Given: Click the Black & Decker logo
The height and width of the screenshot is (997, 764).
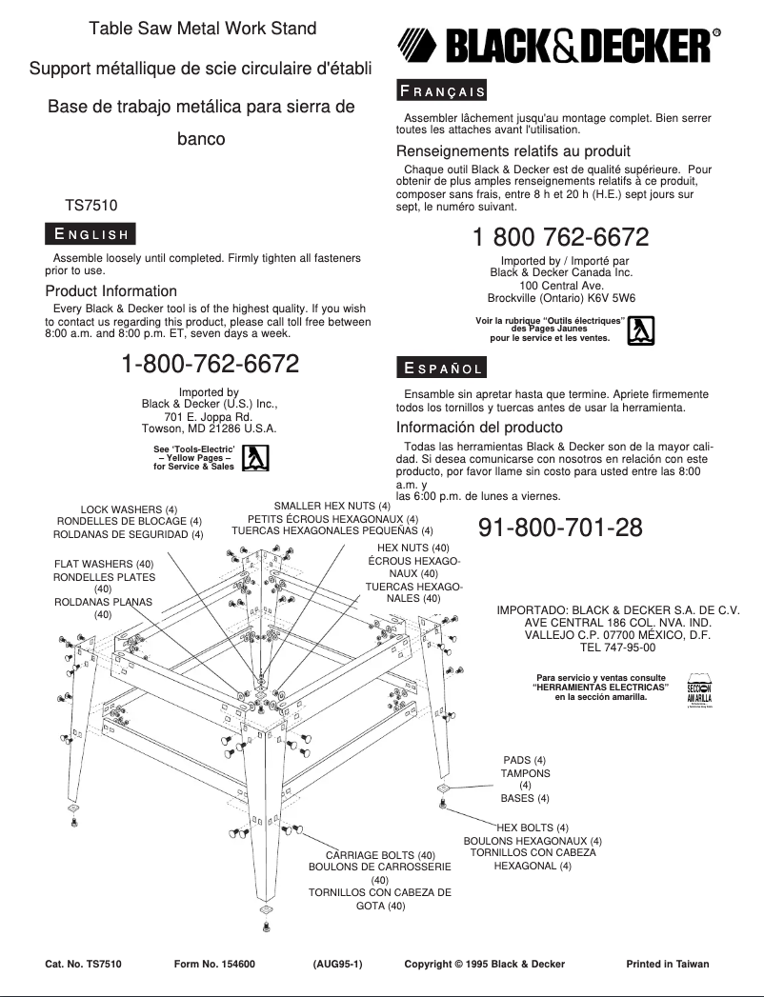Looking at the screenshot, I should [558, 45].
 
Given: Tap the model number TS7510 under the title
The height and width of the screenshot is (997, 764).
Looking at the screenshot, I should [91, 205].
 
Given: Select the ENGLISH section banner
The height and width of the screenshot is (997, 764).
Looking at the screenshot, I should [90, 234].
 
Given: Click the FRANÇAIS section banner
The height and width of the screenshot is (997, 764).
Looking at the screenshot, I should [441, 91].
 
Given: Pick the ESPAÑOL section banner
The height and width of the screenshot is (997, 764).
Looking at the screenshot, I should [441, 368].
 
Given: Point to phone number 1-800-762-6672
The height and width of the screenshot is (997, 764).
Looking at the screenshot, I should [211, 364].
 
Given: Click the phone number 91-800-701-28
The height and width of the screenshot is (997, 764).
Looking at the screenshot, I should [560, 528].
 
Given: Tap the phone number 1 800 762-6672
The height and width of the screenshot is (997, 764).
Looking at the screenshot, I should [560, 237].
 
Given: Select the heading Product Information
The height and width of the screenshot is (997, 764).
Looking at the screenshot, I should [111, 291].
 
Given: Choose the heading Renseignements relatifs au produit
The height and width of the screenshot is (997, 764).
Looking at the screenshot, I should [513, 151].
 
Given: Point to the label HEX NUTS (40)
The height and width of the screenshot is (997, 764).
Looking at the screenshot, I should [413, 548].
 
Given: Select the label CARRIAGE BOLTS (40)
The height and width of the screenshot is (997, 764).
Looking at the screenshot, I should [380, 855].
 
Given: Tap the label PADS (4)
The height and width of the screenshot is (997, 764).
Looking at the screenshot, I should [525, 760].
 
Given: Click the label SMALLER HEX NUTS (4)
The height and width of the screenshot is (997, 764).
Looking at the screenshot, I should [332, 506].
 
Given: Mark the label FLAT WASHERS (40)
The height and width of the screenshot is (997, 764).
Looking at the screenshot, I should [104, 564].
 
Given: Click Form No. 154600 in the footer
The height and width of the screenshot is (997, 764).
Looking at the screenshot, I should [214, 964].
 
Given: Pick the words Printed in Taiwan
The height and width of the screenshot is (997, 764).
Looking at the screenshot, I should [667, 964].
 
